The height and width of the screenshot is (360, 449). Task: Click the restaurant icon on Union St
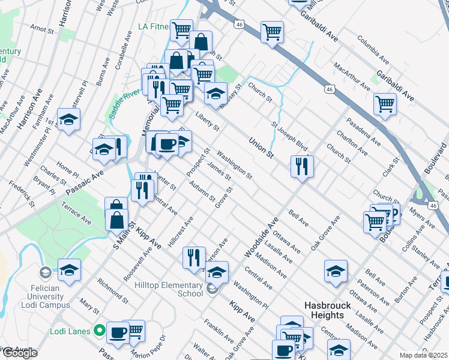point(302,166)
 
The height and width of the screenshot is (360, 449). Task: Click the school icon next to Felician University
point(69,270)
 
